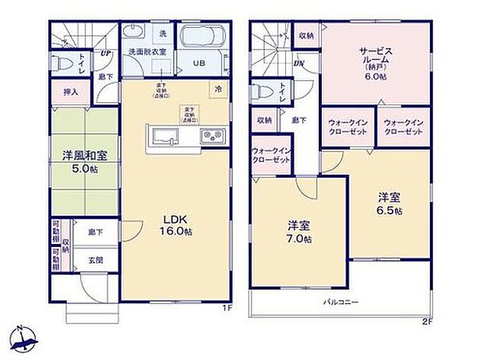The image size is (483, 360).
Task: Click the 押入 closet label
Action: (x=71, y=92)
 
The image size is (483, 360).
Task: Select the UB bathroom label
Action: (x=199, y=64)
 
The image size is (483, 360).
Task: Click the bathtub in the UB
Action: (x=203, y=37)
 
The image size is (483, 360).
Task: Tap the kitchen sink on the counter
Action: (x=165, y=137)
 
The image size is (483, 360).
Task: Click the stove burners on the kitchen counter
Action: (x=212, y=138)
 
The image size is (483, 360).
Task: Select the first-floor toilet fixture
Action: (x=59, y=62)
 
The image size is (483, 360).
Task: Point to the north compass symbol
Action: (x=23, y=337)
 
